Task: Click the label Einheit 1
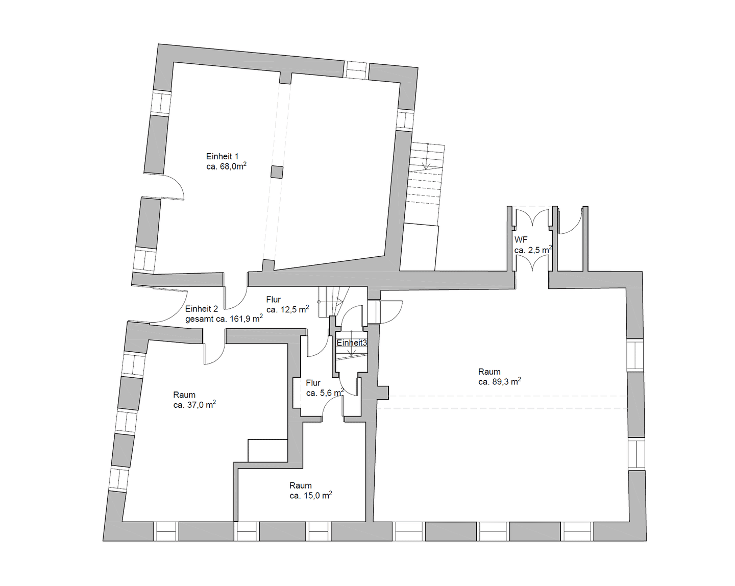pyautogui.click(x=222, y=157)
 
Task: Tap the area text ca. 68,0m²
pyautogui.click(x=227, y=166)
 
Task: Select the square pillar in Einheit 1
pyautogui.click(x=277, y=172)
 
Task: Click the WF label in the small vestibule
pyautogui.click(x=521, y=240)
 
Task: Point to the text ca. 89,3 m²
pyautogui.click(x=500, y=382)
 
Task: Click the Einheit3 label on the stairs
pyautogui.click(x=352, y=343)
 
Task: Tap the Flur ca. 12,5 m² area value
pyautogui.click(x=287, y=309)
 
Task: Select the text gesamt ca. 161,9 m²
pyautogui.click(x=224, y=319)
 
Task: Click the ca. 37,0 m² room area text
pyautogui.click(x=194, y=405)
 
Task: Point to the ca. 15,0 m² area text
pyautogui.click(x=311, y=495)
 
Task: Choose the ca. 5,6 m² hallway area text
pyautogui.click(x=325, y=393)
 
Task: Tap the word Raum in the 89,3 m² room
pyautogui.click(x=489, y=372)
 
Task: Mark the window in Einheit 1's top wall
pyautogui.click(x=356, y=70)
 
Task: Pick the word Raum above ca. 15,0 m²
pyautogui.click(x=301, y=485)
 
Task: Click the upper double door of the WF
pyautogui.click(x=532, y=217)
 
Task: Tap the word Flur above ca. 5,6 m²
pyautogui.click(x=313, y=383)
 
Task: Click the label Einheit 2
pyautogui.click(x=202, y=309)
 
